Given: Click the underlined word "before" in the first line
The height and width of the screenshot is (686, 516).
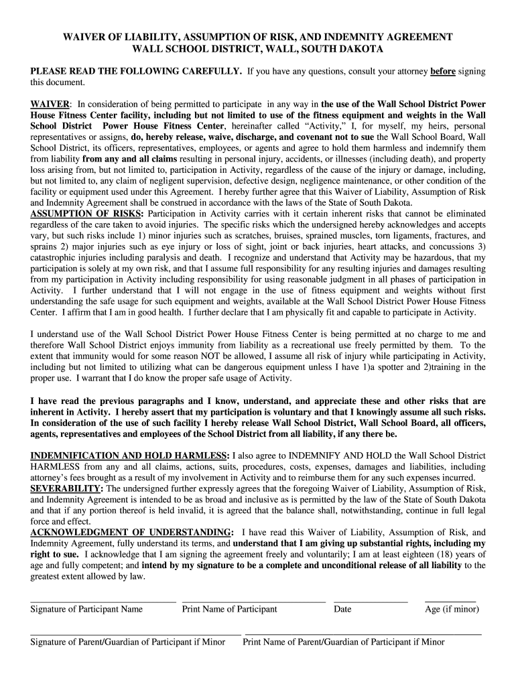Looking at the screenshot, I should pos(442,71).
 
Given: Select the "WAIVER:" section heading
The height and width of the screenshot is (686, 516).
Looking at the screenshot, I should pos(51,105).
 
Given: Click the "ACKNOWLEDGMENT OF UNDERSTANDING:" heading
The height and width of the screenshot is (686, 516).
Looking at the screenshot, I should pos(132,532).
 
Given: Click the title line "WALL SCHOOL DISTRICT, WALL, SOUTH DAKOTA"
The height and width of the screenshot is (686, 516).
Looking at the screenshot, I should pos(258,50).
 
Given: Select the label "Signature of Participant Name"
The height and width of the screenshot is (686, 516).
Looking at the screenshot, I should pos(86,609).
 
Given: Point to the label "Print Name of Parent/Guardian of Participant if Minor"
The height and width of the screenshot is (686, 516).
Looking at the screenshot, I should pos(344,642).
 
